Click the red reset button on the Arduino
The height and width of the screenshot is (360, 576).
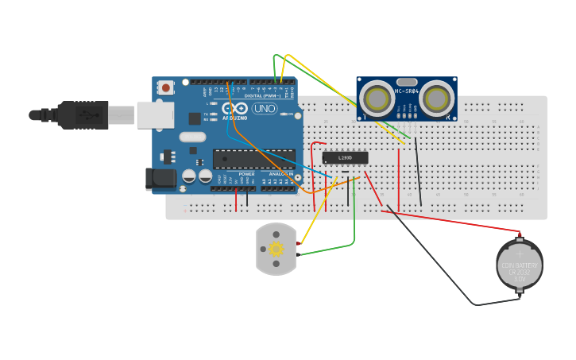tap(165, 87)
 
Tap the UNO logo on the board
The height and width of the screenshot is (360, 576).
tap(265, 108)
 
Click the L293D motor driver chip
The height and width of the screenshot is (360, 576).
tap(346, 157)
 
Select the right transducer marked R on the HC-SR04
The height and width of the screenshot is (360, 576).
tap(436, 99)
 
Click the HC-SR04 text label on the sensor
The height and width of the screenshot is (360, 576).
tap(406, 91)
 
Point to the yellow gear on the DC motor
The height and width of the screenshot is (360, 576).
tap(276, 249)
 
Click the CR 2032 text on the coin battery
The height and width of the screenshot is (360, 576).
tap(520, 272)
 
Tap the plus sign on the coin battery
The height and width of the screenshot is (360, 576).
tap(520, 254)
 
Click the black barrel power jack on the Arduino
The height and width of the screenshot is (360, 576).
tap(160, 180)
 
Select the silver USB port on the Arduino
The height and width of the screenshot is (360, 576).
tap(155, 114)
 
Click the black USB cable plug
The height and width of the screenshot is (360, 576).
tap(83, 115)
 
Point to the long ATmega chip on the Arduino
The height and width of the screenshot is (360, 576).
tap(253, 159)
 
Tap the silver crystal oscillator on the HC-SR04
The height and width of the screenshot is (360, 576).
tap(406, 82)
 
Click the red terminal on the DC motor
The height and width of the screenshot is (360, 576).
tap(299, 243)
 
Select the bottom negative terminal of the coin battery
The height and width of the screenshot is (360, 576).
tap(520, 292)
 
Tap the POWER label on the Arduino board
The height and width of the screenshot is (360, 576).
tap(247, 173)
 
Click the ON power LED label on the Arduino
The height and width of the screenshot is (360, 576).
tap(290, 114)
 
